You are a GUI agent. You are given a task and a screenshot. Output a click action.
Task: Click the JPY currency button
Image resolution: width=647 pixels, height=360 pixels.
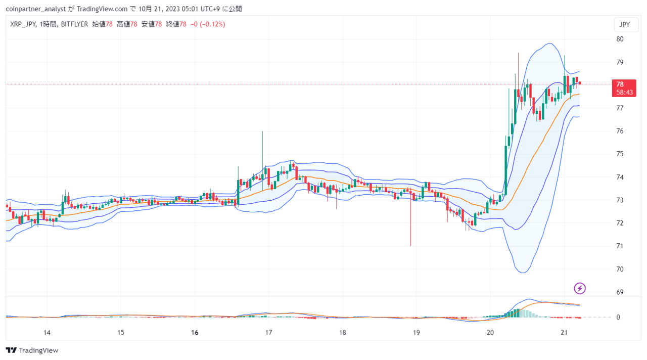click(x=626, y=25)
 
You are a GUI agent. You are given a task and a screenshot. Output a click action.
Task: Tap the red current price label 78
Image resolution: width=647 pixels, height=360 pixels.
click(x=620, y=84)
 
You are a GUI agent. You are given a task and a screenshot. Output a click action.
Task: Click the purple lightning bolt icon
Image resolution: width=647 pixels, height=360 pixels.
click(x=579, y=288)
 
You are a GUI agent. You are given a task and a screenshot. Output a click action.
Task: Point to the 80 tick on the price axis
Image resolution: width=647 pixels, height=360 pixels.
click(x=620, y=39)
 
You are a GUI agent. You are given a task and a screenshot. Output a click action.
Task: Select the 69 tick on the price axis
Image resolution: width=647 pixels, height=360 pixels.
click(x=620, y=292)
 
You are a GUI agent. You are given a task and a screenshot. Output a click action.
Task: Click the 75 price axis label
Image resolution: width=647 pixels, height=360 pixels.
click(x=620, y=154)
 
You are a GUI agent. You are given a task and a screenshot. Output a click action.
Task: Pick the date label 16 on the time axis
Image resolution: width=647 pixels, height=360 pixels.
click(x=195, y=333)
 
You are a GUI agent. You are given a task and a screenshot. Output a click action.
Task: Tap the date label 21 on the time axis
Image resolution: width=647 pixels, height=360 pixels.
click(x=564, y=333)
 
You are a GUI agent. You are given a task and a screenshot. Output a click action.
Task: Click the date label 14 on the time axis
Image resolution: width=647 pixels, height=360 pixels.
click(x=47, y=333)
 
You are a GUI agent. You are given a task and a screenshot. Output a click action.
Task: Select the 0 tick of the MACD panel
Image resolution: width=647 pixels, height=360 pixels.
click(x=618, y=317)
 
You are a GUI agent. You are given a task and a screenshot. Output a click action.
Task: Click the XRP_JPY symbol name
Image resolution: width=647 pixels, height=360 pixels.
click(x=23, y=24)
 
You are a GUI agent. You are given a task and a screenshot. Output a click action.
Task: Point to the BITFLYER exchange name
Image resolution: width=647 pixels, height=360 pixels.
click(x=74, y=24)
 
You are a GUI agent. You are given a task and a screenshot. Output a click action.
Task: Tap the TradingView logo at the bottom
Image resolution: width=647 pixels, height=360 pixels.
click(x=32, y=350)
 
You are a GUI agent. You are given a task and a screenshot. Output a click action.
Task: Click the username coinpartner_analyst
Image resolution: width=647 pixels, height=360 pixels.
click(x=36, y=9)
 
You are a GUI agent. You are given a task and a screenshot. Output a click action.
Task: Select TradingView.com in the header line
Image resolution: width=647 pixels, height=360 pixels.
click(x=102, y=9)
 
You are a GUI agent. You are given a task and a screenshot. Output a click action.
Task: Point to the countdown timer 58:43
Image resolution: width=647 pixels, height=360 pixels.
click(x=624, y=93)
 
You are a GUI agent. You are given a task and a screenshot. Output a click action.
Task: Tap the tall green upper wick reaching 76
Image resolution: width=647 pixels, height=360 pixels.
click(x=262, y=149)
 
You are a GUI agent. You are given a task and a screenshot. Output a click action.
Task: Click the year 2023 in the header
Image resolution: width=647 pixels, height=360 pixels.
click(x=173, y=9)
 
